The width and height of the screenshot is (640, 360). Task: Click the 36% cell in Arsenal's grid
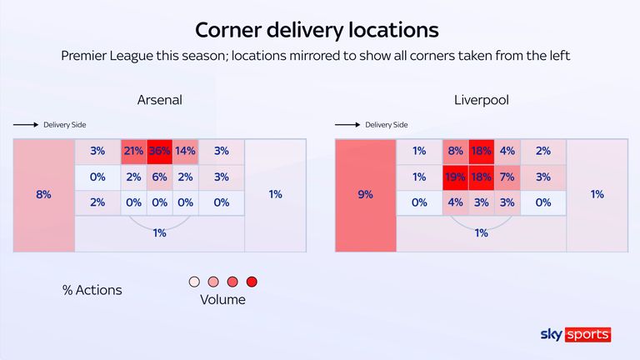[x=159, y=151]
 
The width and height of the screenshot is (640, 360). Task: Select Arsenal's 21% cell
[x=133, y=151]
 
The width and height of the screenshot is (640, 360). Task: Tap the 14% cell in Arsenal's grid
[x=185, y=151]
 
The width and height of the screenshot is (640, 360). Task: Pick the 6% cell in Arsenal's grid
[x=159, y=177]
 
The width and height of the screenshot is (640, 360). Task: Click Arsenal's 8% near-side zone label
[x=43, y=194]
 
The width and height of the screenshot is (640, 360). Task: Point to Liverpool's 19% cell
[x=455, y=177]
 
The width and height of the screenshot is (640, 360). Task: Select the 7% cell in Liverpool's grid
[x=507, y=177]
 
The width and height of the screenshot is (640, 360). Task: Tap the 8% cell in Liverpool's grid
[x=455, y=151]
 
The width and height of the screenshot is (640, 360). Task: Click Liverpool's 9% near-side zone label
[x=365, y=194]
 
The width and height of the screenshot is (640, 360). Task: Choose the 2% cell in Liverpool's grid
[x=543, y=151]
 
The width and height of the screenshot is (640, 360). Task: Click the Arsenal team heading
[x=159, y=100]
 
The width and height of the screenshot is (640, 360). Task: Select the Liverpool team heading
[x=481, y=100]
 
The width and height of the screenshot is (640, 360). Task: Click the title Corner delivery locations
[x=316, y=30]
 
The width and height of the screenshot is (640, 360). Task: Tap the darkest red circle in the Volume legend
[x=252, y=282]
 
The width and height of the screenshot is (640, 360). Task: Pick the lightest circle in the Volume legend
[x=195, y=282]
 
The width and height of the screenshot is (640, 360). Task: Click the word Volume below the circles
[x=223, y=299]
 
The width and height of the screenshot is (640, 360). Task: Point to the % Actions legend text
[x=92, y=290]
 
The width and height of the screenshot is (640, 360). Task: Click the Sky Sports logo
[x=576, y=334]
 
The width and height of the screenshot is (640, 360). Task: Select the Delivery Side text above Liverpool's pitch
[x=387, y=125]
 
